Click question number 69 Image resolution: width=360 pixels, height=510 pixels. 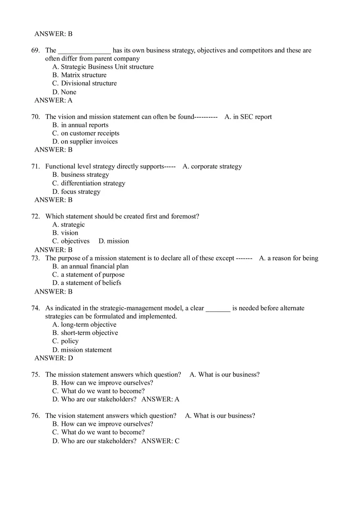point(36,50)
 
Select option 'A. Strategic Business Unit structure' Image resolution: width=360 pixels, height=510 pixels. point(103,67)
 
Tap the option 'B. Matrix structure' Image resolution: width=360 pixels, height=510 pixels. point(79,75)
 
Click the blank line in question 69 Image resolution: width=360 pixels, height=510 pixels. point(84,51)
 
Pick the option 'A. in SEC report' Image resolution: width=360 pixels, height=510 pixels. point(248,117)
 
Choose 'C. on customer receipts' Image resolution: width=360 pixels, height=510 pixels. point(86,133)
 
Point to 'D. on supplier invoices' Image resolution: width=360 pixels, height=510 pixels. point(85,142)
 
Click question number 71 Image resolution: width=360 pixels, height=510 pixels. point(36,166)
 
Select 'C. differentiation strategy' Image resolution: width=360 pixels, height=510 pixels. point(89,183)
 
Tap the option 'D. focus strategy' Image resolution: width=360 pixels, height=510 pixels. point(76,191)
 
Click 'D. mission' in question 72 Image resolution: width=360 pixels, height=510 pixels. point(114,241)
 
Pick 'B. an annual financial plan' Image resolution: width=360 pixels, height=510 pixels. point(90,266)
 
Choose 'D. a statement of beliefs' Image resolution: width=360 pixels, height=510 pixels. point(87,283)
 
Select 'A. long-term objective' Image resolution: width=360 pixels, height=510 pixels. point(84,324)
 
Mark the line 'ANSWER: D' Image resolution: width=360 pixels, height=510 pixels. point(54,358)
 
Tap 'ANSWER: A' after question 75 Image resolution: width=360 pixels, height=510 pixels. point(160,399)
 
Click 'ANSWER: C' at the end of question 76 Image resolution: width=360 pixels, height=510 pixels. point(160,441)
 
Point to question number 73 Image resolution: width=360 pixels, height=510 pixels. point(36,258)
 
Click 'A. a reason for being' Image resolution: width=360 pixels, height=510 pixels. point(288,258)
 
